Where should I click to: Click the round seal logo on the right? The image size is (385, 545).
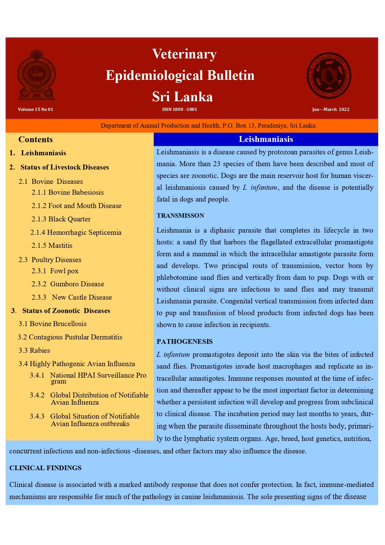(329, 75)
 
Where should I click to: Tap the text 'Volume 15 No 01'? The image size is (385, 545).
(36, 109)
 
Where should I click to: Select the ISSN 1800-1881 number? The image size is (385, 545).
(180, 109)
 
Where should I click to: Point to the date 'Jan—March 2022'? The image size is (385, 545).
(331, 109)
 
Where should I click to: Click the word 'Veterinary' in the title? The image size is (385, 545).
(184, 54)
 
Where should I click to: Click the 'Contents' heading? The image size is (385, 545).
(36, 139)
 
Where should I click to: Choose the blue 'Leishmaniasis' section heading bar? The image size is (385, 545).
(266, 139)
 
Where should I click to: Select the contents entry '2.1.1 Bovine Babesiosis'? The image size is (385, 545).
(68, 192)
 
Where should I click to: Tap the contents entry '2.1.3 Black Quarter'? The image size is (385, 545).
(61, 219)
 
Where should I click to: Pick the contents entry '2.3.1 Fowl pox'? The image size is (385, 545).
(55, 271)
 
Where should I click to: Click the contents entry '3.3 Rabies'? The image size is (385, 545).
(34, 350)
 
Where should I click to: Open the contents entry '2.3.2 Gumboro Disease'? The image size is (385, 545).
(68, 284)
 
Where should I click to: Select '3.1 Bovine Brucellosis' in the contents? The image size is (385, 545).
(52, 324)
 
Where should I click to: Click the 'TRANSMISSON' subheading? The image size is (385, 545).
(180, 216)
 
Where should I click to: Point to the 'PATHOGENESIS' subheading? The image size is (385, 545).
(185, 342)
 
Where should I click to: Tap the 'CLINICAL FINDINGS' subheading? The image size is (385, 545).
(45, 468)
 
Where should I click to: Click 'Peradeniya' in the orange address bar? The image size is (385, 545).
(272, 126)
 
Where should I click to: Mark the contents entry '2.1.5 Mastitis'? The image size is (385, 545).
(52, 245)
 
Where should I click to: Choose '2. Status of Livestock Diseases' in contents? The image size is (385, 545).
(59, 167)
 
